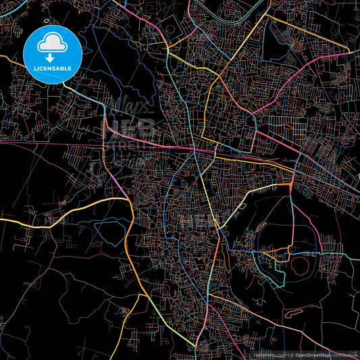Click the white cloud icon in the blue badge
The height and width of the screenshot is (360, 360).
[x=51, y=43]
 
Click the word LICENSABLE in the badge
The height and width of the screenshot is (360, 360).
[x=51, y=68]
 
